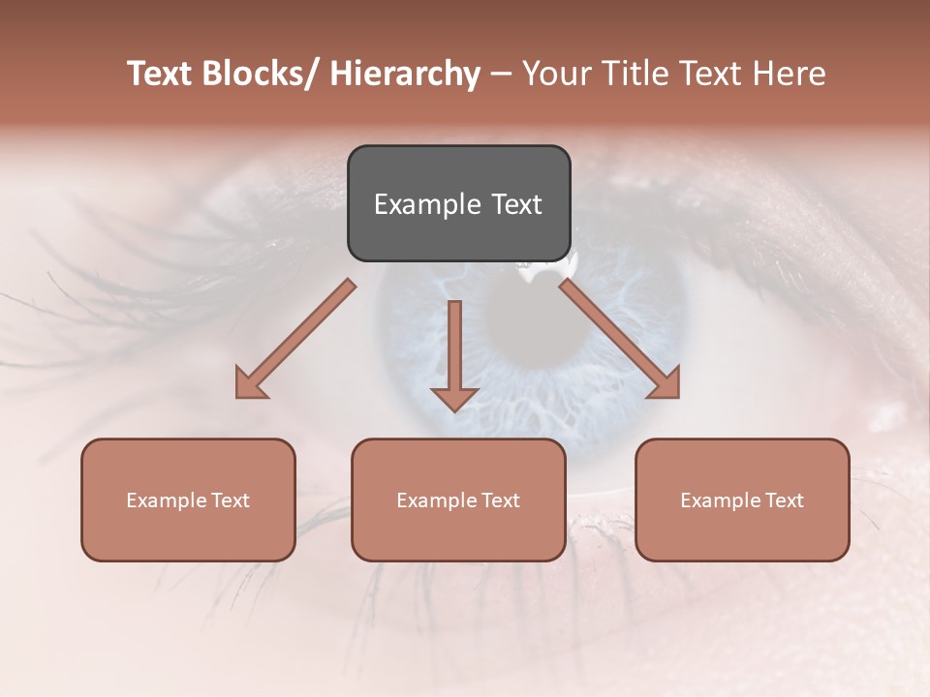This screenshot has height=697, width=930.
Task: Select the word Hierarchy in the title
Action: [x=405, y=74]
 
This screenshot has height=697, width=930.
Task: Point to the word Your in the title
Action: [x=552, y=74]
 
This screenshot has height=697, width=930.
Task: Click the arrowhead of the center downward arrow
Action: [x=454, y=399]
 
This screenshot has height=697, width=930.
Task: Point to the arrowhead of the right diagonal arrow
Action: [x=666, y=385]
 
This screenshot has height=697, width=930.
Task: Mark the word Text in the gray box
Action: [x=515, y=204]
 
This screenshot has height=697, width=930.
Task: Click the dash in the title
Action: [x=501, y=74]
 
